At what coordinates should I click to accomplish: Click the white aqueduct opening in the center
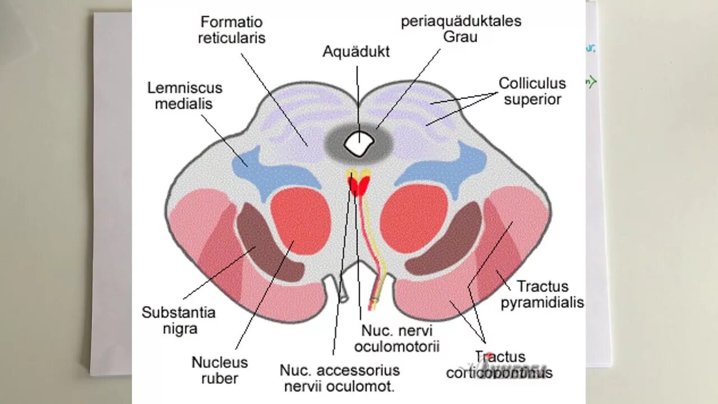(358, 144)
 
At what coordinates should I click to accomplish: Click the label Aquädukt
(356, 52)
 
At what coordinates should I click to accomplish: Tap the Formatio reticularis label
(232, 30)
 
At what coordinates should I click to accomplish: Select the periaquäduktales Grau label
(461, 29)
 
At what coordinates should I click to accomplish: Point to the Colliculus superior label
(532, 91)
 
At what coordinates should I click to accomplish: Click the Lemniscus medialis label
(185, 96)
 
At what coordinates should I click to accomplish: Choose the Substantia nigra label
(178, 320)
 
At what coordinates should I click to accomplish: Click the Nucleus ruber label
(220, 370)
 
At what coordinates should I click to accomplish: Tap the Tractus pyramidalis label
(542, 295)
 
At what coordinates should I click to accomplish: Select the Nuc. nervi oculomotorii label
(397, 338)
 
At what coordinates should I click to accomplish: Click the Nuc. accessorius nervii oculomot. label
(340, 378)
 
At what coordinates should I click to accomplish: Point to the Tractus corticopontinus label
(499, 365)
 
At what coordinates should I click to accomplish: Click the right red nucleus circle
(414, 218)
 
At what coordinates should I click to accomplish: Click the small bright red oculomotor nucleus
(358, 185)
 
